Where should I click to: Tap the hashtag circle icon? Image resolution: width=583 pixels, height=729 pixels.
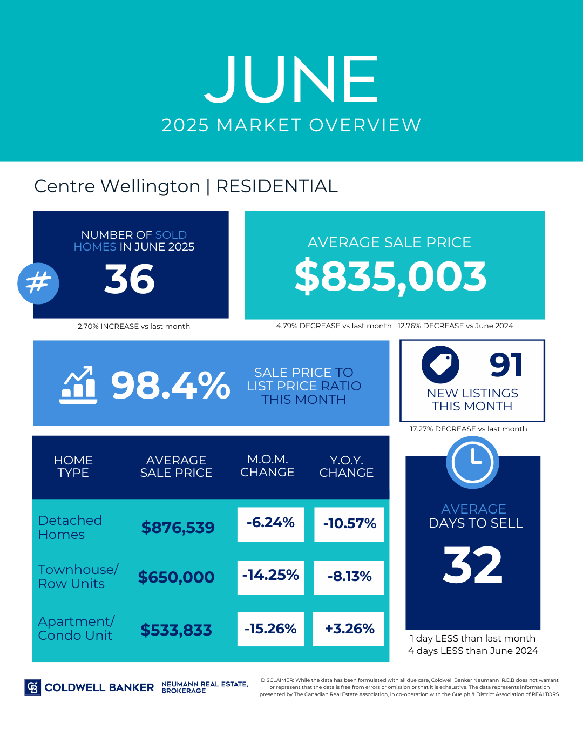click(x=38, y=283)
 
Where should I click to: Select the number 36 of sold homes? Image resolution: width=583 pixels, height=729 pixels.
click(x=130, y=279)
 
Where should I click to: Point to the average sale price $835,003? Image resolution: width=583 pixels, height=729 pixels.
click(x=390, y=276)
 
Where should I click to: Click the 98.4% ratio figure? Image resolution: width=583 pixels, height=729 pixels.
click(x=171, y=386)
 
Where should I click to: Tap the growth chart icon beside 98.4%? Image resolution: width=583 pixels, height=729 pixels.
click(x=78, y=385)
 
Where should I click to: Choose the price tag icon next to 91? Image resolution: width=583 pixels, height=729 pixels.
click(x=440, y=364)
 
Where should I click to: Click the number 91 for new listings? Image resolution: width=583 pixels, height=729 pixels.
click(x=506, y=365)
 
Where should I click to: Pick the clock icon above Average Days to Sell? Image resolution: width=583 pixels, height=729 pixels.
click(x=473, y=462)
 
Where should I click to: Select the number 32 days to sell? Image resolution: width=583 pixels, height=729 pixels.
click(x=473, y=565)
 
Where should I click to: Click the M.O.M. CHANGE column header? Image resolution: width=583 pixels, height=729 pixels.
click(x=267, y=465)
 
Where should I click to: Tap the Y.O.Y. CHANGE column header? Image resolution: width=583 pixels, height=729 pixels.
click(x=346, y=466)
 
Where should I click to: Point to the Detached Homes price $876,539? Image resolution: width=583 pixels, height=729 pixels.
click(x=178, y=528)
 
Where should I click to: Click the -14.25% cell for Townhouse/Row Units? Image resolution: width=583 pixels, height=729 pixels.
click(x=270, y=576)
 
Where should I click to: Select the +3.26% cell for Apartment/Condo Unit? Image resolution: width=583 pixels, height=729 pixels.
click(x=349, y=629)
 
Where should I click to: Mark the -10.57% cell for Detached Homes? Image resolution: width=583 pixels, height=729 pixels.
click(x=349, y=524)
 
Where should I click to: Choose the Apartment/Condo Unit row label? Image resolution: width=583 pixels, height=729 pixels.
click(x=76, y=629)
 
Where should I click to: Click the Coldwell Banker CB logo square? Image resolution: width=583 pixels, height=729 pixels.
click(x=33, y=687)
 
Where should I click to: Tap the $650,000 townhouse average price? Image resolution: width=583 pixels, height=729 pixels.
click(x=176, y=577)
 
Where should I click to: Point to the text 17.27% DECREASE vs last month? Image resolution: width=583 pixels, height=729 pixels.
click(x=469, y=429)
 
